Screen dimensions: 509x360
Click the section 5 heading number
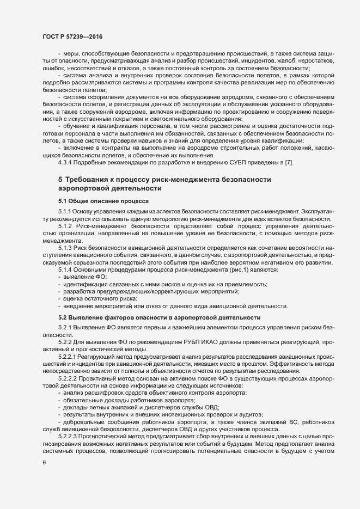pos(60,179)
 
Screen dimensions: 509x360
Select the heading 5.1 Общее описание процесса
pos(97,200)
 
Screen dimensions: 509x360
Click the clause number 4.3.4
pos(66,163)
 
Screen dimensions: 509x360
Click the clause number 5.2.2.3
pos(70,437)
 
